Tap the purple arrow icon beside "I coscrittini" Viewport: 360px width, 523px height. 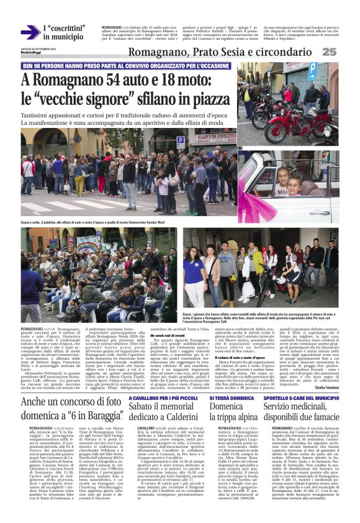pyautogui.click(x=29, y=32)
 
